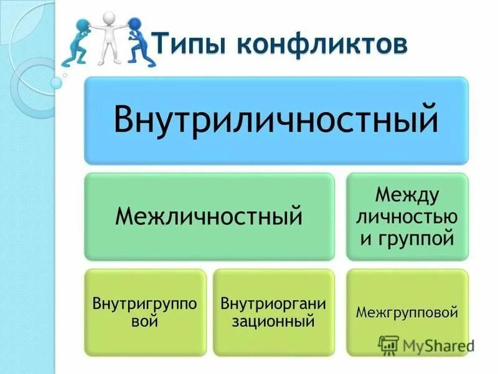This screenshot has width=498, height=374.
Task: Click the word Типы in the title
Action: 187,45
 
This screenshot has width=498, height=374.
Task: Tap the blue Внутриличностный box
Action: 276,120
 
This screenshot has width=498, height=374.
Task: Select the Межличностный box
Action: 209,217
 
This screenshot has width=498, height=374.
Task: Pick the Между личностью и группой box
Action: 406,217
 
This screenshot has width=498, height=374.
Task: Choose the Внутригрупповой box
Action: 145,312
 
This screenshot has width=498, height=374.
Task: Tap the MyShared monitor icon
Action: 389,345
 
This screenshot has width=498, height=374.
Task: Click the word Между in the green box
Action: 407,195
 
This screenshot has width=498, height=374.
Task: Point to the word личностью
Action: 407,216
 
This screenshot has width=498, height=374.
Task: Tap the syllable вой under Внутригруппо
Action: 144,322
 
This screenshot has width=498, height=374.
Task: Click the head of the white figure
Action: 110,17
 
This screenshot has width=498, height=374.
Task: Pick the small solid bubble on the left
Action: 57,82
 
